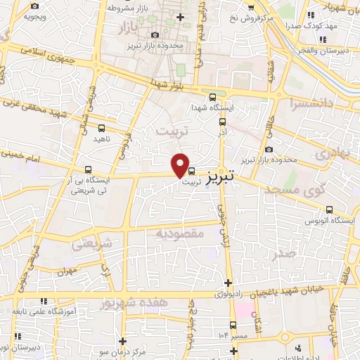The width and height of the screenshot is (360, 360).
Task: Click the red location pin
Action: click(181, 164)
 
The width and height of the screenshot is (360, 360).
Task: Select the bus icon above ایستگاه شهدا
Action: click(213, 97)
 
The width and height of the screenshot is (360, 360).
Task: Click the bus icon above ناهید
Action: click(101, 128)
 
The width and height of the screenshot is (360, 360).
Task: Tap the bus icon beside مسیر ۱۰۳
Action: click(233, 324)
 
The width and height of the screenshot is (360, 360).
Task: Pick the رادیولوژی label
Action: click(219, 293)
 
